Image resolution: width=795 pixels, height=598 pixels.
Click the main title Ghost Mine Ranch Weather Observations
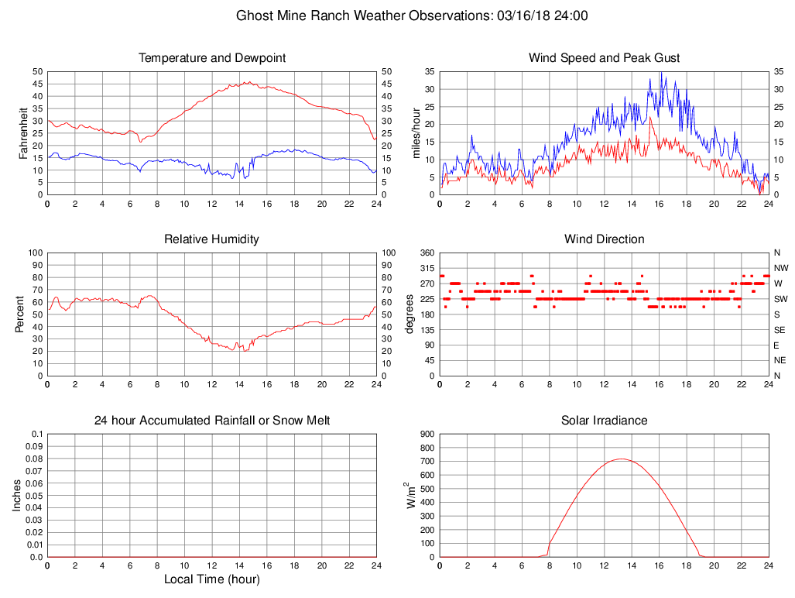412,15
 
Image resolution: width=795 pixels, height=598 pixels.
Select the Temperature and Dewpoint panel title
212,58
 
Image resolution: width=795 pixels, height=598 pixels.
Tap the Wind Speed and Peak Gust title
604,58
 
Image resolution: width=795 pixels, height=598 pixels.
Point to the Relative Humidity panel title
212,239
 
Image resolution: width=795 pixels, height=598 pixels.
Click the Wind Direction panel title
604,239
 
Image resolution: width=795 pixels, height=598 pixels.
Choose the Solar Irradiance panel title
604,421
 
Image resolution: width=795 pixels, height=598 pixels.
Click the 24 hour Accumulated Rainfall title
212,421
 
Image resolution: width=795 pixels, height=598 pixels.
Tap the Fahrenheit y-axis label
23,132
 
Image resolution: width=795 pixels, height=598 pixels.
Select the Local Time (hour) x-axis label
212,579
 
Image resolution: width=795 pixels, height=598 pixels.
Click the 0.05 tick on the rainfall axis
33,496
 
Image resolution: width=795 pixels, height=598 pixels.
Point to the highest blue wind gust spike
661,73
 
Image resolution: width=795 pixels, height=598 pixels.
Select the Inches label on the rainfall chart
17,495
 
